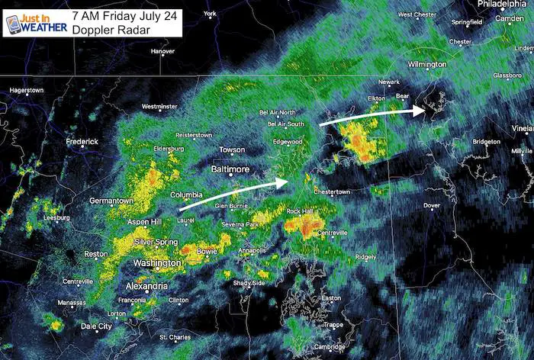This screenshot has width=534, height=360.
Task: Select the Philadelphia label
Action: click(x=501, y=4)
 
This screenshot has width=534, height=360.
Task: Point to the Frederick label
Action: click(x=82, y=142)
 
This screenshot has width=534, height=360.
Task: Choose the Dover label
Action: click(x=432, y=205)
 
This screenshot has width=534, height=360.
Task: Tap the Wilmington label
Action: click(x=426, y=65)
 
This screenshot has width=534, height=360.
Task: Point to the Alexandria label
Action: click(x=146, y=286)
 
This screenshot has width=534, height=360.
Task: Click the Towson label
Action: click(x=232, y=149)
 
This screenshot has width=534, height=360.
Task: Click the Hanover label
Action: click(x=162, y=52)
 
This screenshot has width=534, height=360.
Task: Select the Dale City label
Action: click(x=96, y=326)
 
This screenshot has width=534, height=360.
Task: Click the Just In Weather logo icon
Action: click(x=13, y=24)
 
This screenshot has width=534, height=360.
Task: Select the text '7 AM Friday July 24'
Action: click(x=124, y=14)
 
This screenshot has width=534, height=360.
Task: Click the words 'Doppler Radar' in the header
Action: click(x=108, y=30)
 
